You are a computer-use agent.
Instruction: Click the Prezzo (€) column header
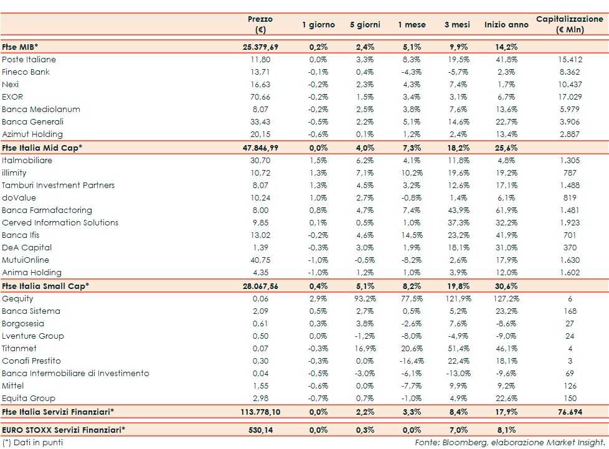click(x=260, y=25)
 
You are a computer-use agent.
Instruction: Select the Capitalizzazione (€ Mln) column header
click(x=570, y=25)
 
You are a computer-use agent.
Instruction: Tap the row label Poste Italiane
click(x=29, y=59)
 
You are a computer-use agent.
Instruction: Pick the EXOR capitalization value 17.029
click(x=570, y=97)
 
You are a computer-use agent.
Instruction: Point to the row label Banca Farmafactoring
click(x=47, y=210)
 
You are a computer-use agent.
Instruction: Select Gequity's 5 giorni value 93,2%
click(x=366, y=299)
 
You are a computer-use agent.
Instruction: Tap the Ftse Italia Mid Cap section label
click(x=42, y=148)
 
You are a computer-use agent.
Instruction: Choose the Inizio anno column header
click(x=506, y=25)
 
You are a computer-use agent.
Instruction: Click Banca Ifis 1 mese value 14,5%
click(x=412, y=235)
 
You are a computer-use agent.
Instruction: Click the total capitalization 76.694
click(x=570, y=412)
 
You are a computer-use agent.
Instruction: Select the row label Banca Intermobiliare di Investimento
click(x=76, y=374)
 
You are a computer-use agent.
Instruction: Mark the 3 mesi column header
click(x=458, y=25)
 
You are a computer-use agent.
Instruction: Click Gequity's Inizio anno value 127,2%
click(x=505, y=299)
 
